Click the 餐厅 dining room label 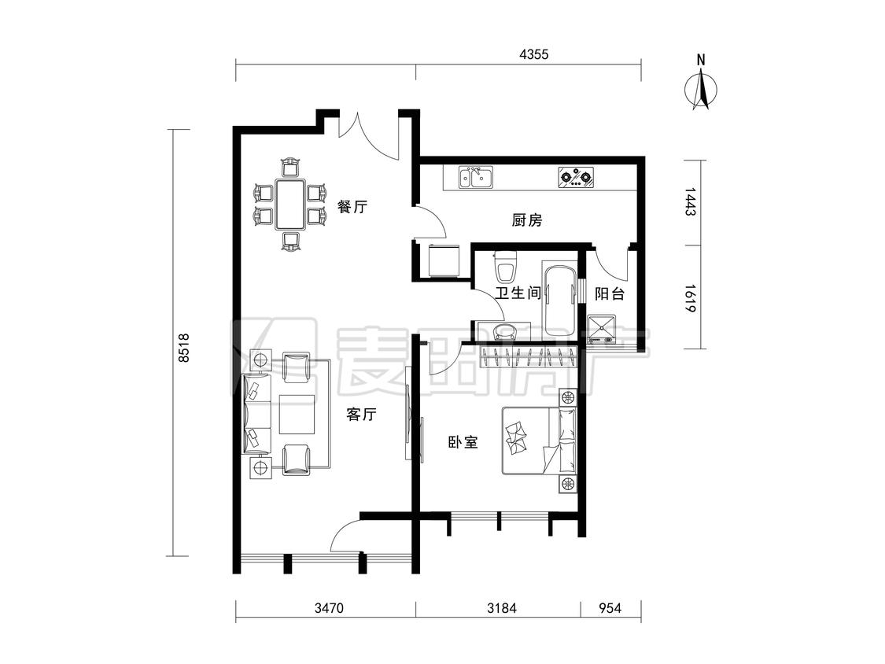(x=352, y=207)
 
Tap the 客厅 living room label (x=361, y=415)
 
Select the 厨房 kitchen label (x=527, y=219)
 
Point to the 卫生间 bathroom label (x=518, y=293)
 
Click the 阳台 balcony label (x=610, y=293)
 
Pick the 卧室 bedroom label (x=463, y=442)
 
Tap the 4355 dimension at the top (x=534, y=55)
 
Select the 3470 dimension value (x=329, y=608)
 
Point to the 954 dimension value (x=610, y=608)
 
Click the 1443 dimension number (x=691, y=202)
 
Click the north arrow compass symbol (x=702, y=87)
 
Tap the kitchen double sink (x=476, y=177)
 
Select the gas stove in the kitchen (x=577, y=177)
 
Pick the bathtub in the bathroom (x=560, y=302)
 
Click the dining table (x=290, y=204)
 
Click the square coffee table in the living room (x=297, y=415)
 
